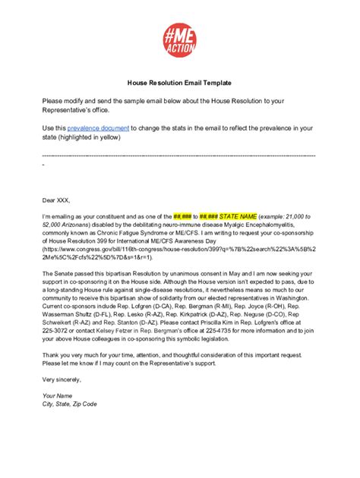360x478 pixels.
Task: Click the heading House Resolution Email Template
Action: (x=180, y=82)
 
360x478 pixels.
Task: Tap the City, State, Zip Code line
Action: (x=70, y=404)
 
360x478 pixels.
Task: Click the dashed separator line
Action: (x=180, y=156)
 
